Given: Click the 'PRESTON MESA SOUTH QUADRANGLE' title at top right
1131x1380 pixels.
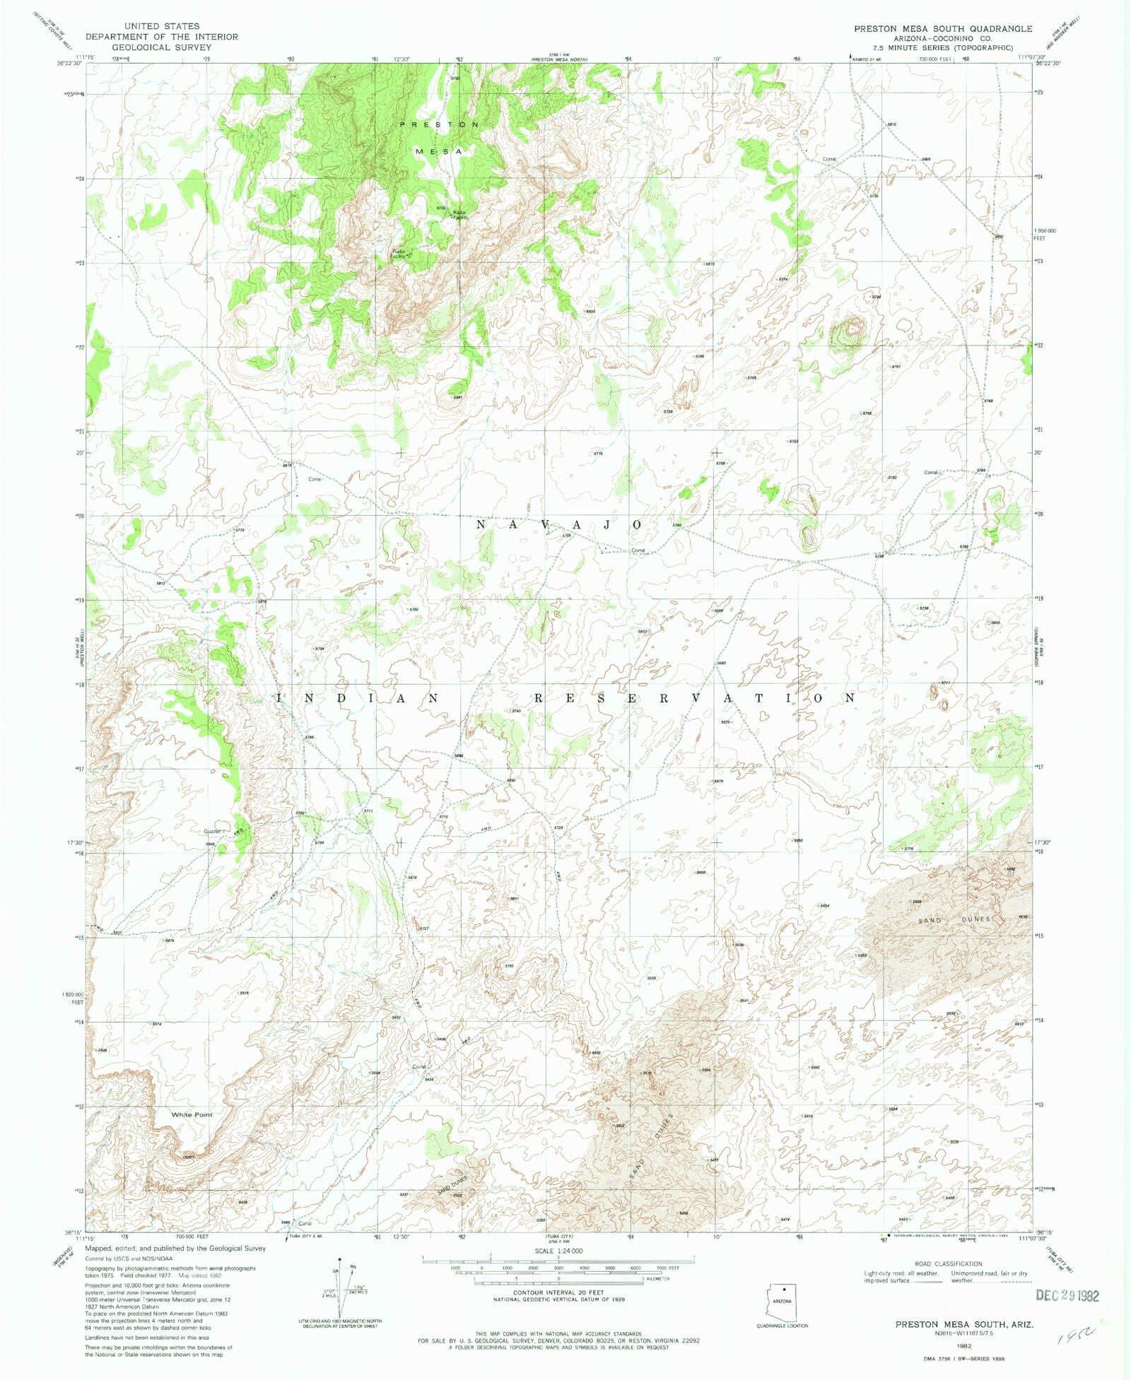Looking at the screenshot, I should click(943, 29).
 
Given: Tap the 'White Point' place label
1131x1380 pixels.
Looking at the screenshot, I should click(192, 1114).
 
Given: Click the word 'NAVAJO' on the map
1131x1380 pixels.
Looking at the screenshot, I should click(558, 525).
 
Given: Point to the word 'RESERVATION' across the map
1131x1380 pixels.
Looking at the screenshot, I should click(693, 698).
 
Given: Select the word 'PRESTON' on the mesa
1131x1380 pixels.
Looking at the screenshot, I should click(439, 124).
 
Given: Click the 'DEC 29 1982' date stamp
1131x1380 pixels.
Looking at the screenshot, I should click(1067, 1296).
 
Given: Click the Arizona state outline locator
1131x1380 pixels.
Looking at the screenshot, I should click(782, 1302).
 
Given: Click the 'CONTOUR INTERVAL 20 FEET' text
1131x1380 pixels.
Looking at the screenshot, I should click(558, 1292).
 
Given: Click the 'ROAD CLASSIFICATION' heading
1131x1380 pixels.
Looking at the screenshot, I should click(948, 1264).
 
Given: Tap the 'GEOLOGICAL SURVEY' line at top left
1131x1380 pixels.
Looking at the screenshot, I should click(161, 47).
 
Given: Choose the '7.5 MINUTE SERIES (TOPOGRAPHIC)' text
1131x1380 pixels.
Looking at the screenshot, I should click(943, 47).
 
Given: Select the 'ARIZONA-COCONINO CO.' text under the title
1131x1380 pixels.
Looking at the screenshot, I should click(943, 38).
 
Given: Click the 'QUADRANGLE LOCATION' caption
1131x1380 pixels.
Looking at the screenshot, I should click(782, 1326).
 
